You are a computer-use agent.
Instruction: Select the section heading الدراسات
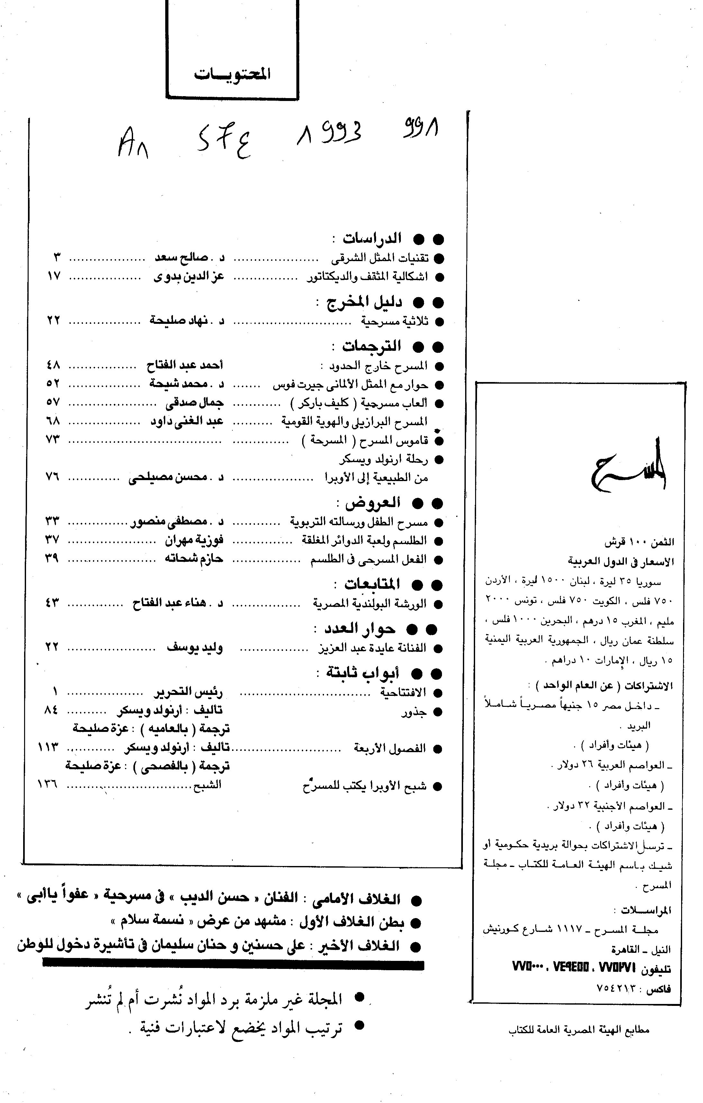tap(372, 239)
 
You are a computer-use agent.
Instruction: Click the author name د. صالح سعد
tap(189, 258)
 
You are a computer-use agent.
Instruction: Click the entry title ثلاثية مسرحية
tap(394, 322)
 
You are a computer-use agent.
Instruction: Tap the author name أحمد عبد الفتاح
tap(185, 366)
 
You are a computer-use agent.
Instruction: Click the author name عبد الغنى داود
tap(187, 421)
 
